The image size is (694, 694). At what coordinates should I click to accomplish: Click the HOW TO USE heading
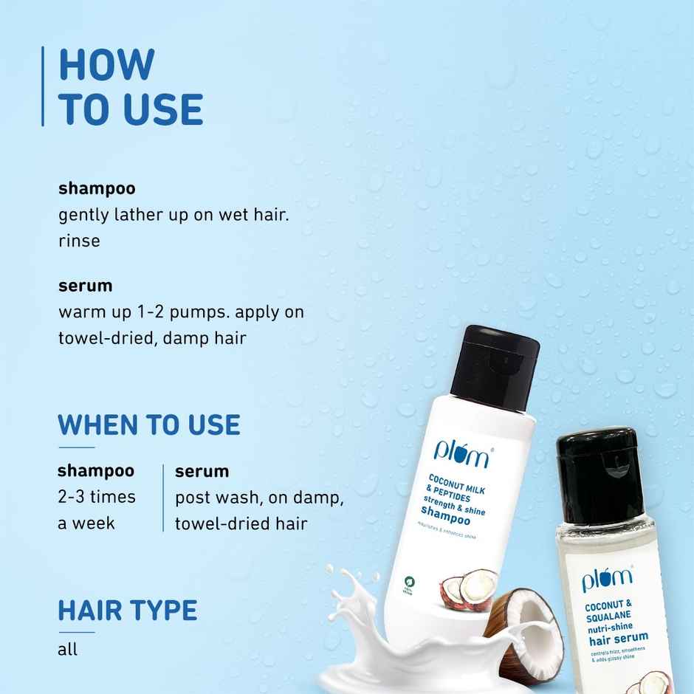131,86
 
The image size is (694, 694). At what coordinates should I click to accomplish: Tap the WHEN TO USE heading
148,425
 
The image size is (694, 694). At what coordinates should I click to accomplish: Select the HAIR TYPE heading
128,611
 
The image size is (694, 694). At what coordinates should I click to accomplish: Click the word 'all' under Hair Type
68,650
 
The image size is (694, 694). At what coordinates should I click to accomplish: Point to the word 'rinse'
79,241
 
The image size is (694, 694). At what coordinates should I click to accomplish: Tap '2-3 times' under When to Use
97,496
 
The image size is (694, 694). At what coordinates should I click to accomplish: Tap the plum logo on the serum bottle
606,578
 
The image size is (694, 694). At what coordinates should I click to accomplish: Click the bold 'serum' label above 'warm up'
85,285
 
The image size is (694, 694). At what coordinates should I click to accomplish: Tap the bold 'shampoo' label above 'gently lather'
97,188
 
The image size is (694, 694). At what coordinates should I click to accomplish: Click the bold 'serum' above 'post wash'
202,471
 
